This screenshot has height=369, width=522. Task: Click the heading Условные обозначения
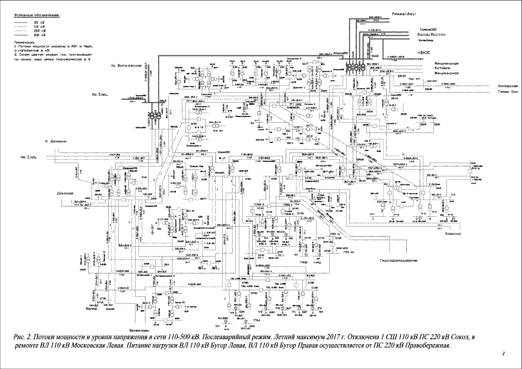(31, 12)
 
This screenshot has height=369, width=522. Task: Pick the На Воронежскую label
(126, 66)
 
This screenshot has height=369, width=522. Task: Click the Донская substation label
(66, 193)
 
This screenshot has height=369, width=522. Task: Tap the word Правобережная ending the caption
(422, 345)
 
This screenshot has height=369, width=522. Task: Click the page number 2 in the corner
(504, 353)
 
